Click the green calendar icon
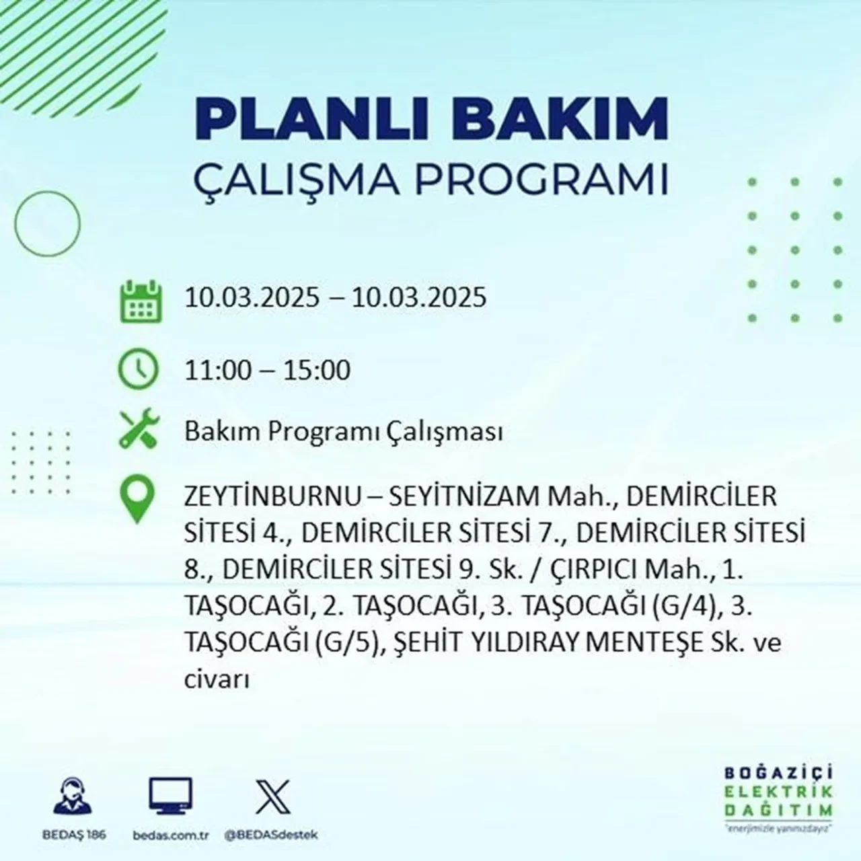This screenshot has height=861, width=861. click(x=141, y=301)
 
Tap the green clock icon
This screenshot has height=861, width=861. click(x=139, y=371)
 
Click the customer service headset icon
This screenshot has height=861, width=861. click(x=72, y=796)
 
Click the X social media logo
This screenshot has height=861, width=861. click(x=272, y=796)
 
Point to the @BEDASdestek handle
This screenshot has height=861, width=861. click(x=272, y=835)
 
